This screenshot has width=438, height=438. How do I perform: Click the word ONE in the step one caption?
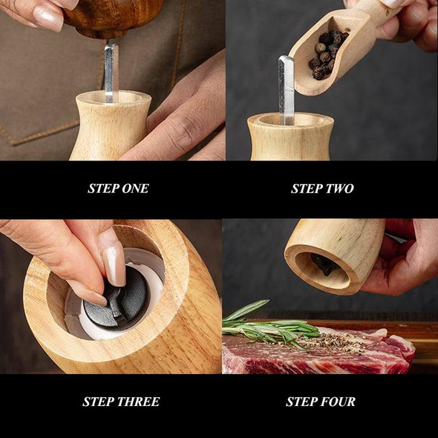pyautogui.click(x=135, y=189)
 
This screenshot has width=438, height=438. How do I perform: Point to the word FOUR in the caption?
pyautogui.click(x=338, y=402)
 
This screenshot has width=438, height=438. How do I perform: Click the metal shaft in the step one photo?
pyautogui.click(x=111, y=73)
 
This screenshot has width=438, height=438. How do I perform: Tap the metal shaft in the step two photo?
pyautogui.click(x=286, y=89)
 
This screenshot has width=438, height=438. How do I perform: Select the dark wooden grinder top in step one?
pyautogui.click(x=112, y=17)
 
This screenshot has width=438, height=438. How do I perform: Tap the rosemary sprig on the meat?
pyautogui.click(x=268, y=324)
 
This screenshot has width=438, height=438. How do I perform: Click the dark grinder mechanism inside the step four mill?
pyautogui.click(x=324, y=264)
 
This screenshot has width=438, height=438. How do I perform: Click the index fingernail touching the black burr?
pyautogui.click(x=114, y=264)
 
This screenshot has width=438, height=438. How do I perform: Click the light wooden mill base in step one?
pyautogui.click(x=111, y=125)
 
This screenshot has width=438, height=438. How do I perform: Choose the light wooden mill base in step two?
pyautogui.click(x=290, y=137)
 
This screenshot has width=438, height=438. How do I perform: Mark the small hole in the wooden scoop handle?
pyautogui.click(x=388, y=13)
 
